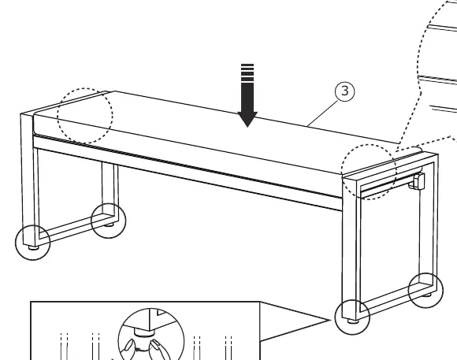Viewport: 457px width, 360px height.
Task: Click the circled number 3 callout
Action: [345, 91]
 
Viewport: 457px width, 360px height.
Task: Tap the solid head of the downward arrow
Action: [247, 119]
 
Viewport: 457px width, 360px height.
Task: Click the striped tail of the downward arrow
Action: [247, 72]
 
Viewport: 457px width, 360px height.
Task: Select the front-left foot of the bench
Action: [34, 247]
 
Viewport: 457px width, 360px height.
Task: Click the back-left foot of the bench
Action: [110, 225]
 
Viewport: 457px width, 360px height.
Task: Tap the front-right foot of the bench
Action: [353, 321]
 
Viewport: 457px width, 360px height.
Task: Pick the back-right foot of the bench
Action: [427, 295]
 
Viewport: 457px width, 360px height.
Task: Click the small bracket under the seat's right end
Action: [418, 181]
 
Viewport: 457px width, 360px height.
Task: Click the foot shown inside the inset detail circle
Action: [143, 332]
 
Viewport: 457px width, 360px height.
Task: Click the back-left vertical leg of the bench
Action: [110, 190]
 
